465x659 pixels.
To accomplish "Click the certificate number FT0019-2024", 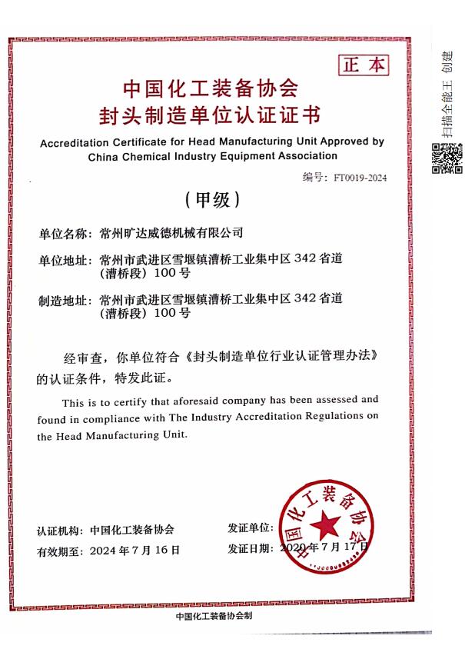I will [x=360, y=178].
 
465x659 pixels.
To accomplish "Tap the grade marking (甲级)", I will [x=212, y=200].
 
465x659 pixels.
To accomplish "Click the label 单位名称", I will [x=64, y=233].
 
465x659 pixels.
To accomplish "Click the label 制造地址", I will [x=64, y=300].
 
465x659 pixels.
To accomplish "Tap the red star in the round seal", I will [x=324, y=528].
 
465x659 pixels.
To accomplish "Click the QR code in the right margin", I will [x=447, y=158].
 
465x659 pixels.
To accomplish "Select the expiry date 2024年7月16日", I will [x=135, y=550].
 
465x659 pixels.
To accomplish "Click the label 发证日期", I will [x=251, y=548].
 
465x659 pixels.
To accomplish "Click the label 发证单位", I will [x=251, y=528].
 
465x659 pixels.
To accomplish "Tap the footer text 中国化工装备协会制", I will [x=214, y=617].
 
